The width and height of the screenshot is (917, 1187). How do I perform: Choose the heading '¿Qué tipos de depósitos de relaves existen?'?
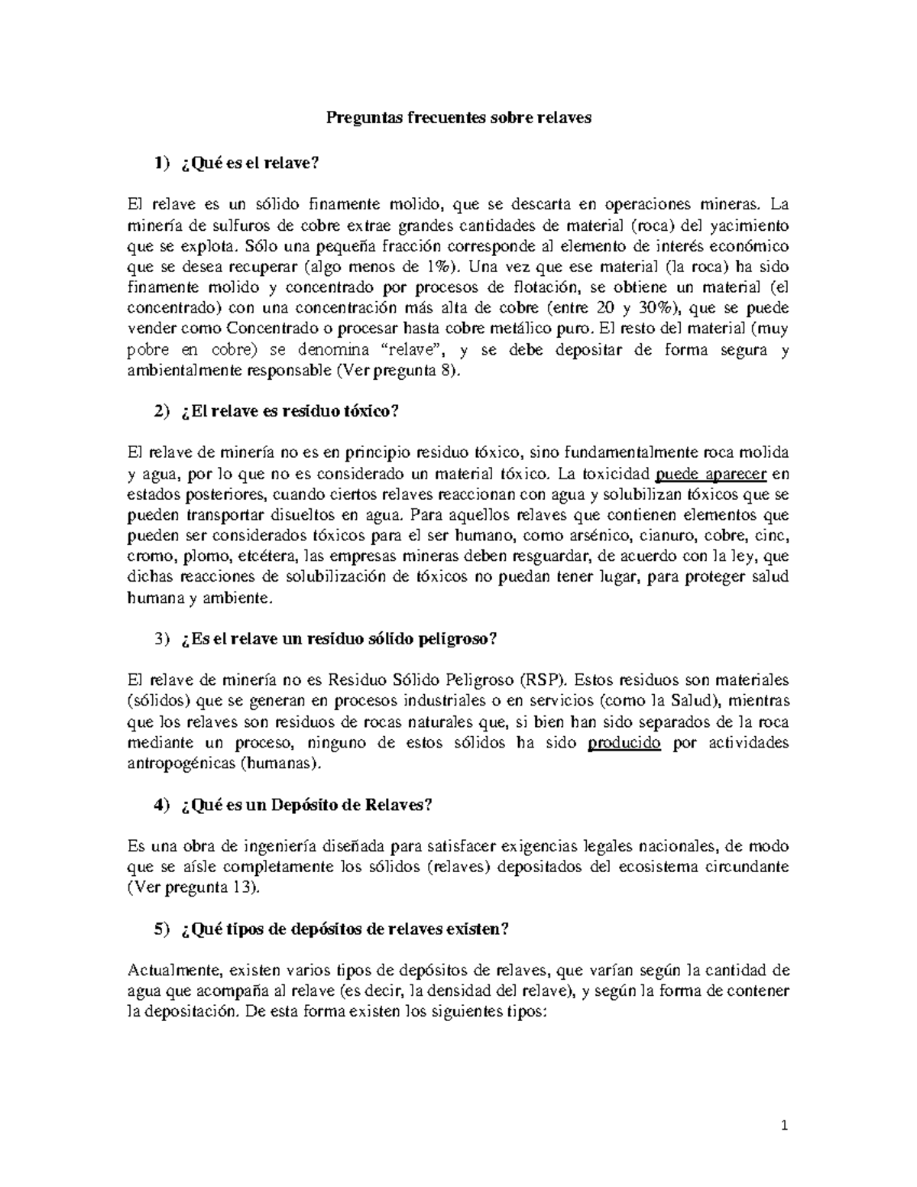[345, 929]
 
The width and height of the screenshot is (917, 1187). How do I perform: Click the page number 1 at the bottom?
[784, 1126]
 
